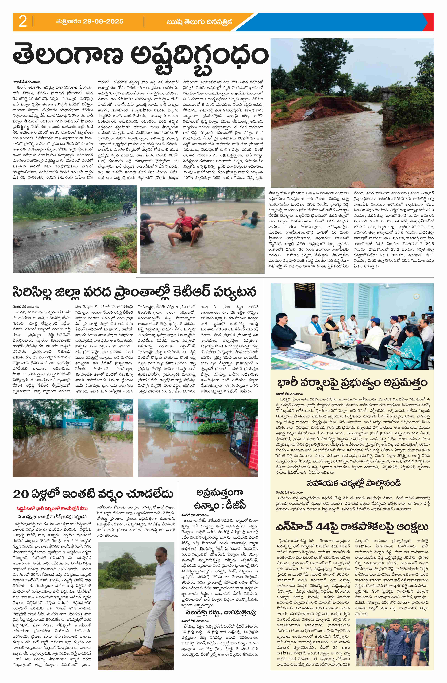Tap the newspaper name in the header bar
tap(199, 22)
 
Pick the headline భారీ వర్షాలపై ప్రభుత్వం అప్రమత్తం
tap(352, 383)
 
